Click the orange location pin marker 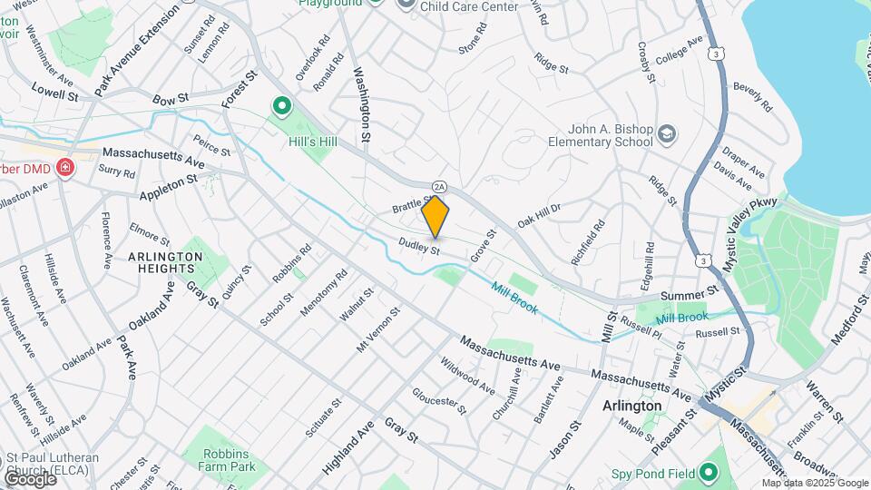click(x=435, y=216)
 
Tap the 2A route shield click(x=440, y=186)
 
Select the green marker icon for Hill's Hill click(x=281, y=108)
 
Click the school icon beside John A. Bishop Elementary click(x=668, y=134)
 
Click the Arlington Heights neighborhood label click(x=165, y=263)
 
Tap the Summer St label click(x=690, y=292)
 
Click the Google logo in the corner click(x=30, y=479)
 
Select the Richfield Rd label click(x=599, y=240)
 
